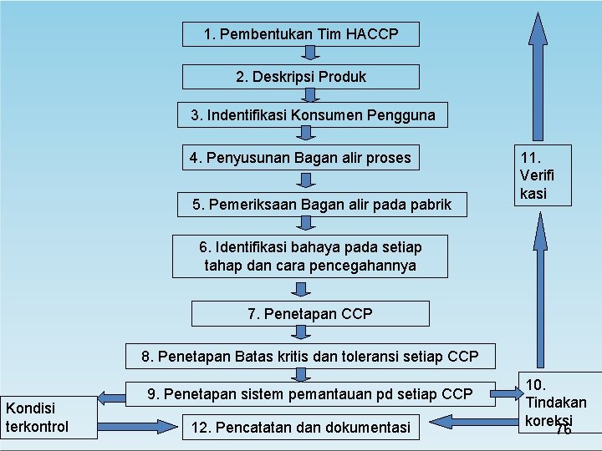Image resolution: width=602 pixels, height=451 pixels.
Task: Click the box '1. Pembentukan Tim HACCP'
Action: coord(301,34)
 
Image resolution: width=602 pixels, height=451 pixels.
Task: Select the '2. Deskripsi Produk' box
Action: coord(301,77)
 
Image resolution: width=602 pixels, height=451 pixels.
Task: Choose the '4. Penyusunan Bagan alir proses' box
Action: coord(300,158)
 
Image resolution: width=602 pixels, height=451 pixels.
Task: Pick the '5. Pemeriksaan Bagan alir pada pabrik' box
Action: coord(321,204)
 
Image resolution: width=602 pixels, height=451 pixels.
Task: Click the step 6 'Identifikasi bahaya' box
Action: coord(310,256)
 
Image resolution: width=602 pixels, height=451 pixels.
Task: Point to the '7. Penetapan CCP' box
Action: coord(310,314)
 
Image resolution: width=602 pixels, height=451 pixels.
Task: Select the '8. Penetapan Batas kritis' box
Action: coord(310,357)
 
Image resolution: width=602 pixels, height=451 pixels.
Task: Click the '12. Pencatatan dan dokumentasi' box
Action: coord(303,428)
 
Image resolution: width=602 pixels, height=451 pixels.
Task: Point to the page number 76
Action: coord(564,430)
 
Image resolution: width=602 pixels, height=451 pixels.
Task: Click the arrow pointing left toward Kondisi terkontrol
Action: coord(111,395)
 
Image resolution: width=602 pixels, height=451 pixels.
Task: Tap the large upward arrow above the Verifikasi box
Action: coord(538,67)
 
